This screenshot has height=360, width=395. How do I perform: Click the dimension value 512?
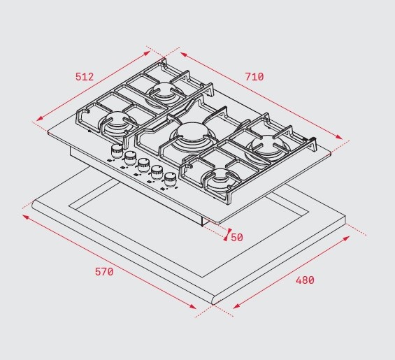85,77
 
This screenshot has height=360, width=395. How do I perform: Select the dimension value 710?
254,77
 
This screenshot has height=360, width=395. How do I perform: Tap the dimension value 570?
104,272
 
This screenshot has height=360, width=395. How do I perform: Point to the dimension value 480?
305,280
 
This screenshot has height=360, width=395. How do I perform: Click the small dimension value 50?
237,237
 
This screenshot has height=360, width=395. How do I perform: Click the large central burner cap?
192,133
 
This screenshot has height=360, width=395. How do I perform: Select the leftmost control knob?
116,151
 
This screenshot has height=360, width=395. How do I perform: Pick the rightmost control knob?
171,180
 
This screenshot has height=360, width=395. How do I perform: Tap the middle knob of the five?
143,165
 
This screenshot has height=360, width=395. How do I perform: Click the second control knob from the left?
130,158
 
